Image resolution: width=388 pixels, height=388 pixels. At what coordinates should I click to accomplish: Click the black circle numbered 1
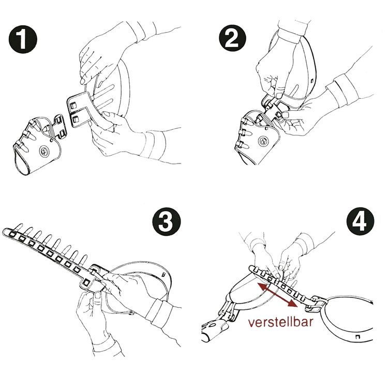tap(23, 39)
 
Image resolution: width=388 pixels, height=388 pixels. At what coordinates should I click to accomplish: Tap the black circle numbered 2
tap(233, 38)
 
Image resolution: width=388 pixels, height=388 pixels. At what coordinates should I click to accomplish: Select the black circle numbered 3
tap(166, 221)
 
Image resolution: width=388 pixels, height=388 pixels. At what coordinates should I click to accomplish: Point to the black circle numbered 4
tap(360, 221)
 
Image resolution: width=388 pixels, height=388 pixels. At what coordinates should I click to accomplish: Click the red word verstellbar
tap(280, 322)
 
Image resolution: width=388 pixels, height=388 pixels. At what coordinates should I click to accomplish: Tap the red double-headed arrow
tap(278, 295)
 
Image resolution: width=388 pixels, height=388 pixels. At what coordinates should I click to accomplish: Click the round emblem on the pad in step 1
tap(44, 151)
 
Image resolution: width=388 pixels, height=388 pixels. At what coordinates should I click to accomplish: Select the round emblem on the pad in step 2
tap(263, 141)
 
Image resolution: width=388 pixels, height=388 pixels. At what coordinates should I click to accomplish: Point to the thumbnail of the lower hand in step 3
tap(98, 295)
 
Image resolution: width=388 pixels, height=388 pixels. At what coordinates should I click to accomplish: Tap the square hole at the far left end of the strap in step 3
tap(12, 234)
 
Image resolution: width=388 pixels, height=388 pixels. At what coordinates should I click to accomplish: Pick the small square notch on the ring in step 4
tap(357, 337)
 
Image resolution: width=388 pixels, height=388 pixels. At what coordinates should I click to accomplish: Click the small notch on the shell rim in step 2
tap(312, 80)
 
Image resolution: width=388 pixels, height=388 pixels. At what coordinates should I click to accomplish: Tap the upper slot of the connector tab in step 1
tap(73, 106)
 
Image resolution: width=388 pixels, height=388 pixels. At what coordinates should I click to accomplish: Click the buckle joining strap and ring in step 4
tap(317, 303)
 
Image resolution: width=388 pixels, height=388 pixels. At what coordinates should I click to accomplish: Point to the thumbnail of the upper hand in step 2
tap(280, 95)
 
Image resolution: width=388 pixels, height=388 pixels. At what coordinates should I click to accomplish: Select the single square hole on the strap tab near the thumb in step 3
tap(86, 282)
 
